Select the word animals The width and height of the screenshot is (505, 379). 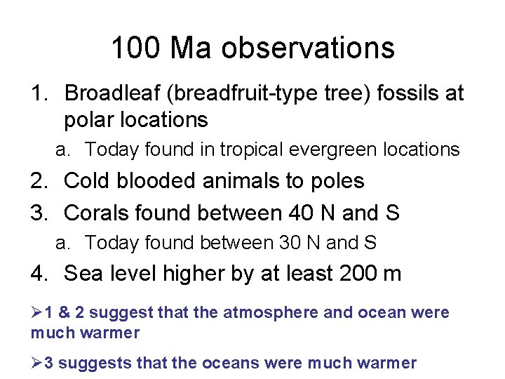(x=233, y=180)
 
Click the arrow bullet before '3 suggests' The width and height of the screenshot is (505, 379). (x=36, y=363)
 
